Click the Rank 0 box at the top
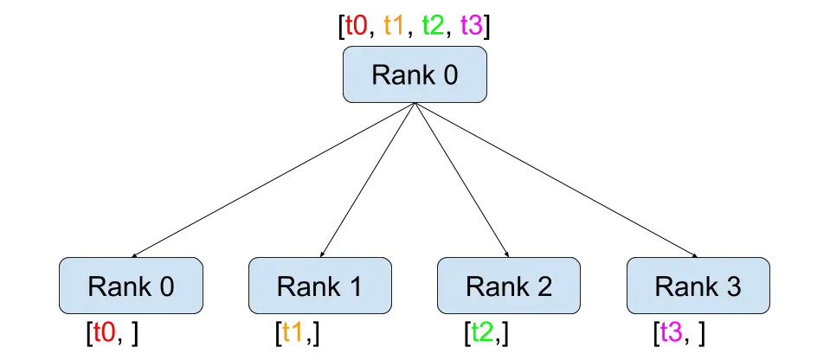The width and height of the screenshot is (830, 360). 415,74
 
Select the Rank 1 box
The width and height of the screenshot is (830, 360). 319,286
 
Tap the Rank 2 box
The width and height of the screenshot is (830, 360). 508,286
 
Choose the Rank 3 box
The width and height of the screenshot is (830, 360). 698,286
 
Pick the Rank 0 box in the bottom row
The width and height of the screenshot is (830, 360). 131,286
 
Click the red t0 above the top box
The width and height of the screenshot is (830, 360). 356,24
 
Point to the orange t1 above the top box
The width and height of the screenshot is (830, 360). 392,24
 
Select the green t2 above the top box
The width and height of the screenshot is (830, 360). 434,24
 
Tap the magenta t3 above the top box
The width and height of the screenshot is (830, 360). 472,24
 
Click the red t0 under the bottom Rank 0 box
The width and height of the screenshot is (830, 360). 104,333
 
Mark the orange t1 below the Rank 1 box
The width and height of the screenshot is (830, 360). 293,333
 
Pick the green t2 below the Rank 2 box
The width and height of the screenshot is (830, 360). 482,333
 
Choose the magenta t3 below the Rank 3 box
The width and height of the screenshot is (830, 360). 672,333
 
